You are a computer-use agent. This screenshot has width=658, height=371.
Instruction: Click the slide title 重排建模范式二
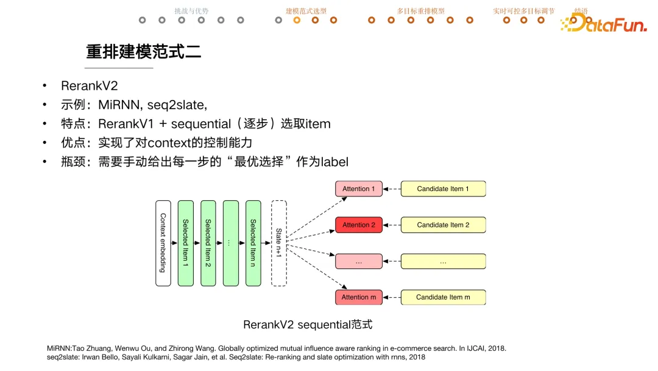pyautogui.click(x=144, y=52)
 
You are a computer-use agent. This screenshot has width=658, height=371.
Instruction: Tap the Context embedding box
pyautogui.click(x=163, y=243)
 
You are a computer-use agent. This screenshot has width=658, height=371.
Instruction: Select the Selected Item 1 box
pyautogui.click(x=186, y=243)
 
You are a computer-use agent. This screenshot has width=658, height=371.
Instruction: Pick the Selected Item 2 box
pyautogui.click(x=208, y=243)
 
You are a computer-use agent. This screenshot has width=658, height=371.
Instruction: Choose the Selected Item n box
pyautogui.click(x=253, y=243)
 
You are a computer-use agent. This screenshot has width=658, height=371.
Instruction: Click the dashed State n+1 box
pyautogui.click(x=278, y=243)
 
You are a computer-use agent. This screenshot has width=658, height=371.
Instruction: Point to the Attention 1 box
pyautogui.click(x=358, y=189)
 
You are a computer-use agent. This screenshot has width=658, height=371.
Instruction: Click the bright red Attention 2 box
pyautogui.click(x=358, y=225)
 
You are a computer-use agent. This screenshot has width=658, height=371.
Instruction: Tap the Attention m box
pyautogui.click(x=358, y=297)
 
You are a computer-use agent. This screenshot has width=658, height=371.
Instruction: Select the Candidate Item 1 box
pyautogui.click(x=443, y=189)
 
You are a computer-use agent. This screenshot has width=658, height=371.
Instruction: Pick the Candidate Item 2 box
pyautogui.click(x=443, y=225)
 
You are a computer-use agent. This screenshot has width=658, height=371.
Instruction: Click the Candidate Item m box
pyautogui.click(x=443, y=297)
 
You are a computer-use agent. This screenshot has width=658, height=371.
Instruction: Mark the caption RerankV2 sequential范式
pyautogui.click(x=308, y=325)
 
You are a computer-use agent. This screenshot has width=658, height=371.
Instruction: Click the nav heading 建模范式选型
pyautogui.click(x=306, y=11)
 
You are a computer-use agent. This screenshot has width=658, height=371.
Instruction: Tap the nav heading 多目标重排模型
pyautogui.click(x=420, y=11)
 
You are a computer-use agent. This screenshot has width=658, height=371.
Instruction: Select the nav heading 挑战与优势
pyautogui.click(x=191, y=11)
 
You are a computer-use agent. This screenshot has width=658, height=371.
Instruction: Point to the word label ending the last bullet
pyautogui.click(x=334, y=162)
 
